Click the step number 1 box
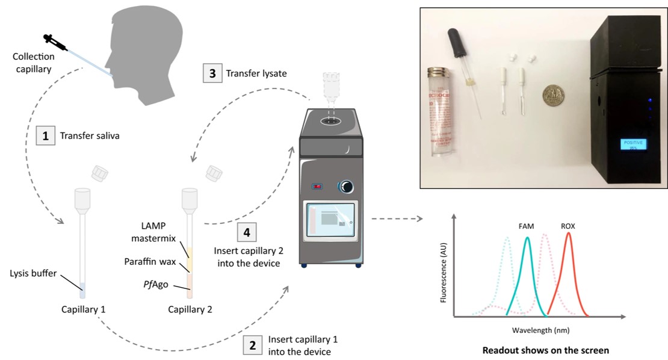[x=46, y=136]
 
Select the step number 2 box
[x=252, y=344]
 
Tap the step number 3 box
[x=212, y=74]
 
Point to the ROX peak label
[x=567, y=226]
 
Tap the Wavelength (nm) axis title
[x=540, y=330]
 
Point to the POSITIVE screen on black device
[x=632, y=143]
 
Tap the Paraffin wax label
[x=149, y=262]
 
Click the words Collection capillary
[x=34, y=62]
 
